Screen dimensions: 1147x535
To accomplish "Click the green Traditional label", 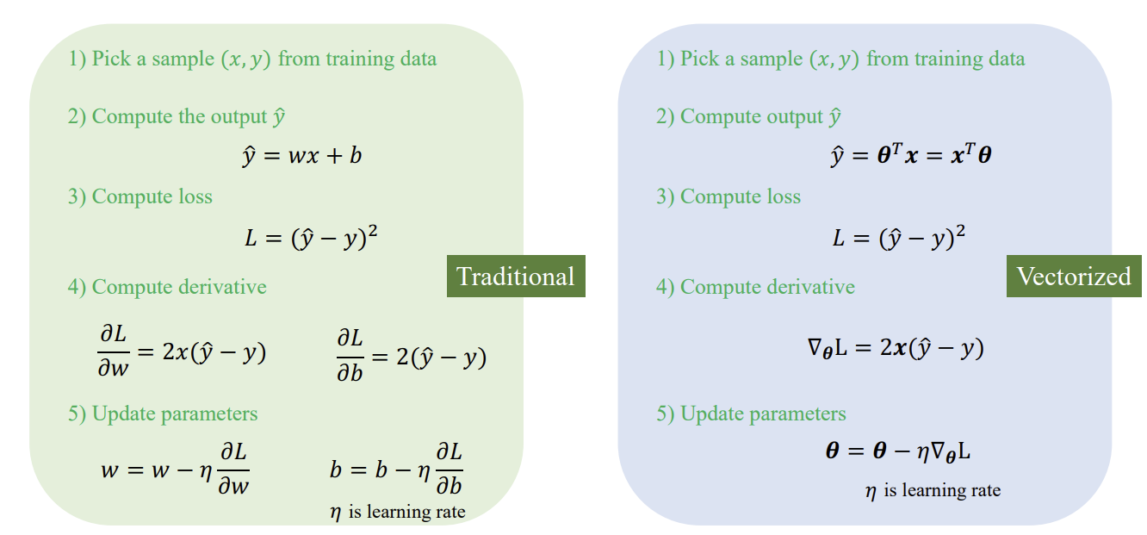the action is coord(516,277).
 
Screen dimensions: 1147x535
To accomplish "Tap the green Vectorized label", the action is coord(1074,277).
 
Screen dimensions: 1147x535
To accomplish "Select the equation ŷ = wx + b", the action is coord(302,155).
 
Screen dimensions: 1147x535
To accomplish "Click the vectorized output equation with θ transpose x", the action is coord(911,154).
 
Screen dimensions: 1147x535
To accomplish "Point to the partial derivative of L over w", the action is coord(182,351).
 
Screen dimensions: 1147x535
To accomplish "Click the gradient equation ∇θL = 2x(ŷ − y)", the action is coord(896,348).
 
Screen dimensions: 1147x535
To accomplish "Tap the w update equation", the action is coord(175,469).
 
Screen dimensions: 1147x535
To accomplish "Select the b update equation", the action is coord(396,469).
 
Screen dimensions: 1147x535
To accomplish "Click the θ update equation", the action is coord(898,452).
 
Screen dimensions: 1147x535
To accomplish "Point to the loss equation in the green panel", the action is coord(312,237).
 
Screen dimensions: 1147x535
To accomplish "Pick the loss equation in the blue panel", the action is coord(899,237).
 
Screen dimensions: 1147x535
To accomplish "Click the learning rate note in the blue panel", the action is coord(933,490).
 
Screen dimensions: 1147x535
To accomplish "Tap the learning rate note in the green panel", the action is coord(398,512).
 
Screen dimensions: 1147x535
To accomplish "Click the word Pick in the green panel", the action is coord(111,59).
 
